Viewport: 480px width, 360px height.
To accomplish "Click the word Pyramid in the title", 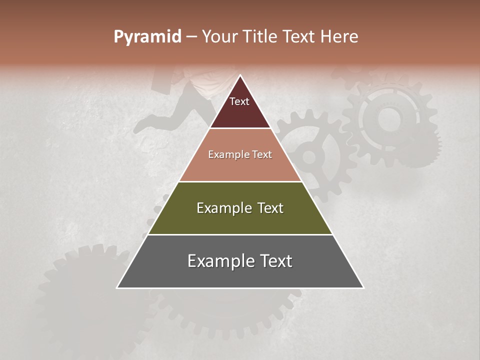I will click(147, 36).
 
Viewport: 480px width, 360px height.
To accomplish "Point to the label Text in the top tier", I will click(239, 101).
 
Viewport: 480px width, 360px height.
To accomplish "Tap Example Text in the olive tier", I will click(240, 208).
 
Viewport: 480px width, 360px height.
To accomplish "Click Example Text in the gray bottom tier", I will click(240, 261).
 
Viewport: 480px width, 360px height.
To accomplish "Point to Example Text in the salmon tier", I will click(240, 154).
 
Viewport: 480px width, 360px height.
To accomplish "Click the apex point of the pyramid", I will click(240, 76).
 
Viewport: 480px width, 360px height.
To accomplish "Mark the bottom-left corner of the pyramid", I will click(117, 287).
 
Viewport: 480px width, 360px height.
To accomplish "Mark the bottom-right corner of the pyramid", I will click(363, 287).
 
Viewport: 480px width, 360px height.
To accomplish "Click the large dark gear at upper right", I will click(390, 122).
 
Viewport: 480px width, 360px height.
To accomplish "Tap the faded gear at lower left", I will click(85, 290).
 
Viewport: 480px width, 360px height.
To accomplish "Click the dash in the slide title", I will click(191, 37).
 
